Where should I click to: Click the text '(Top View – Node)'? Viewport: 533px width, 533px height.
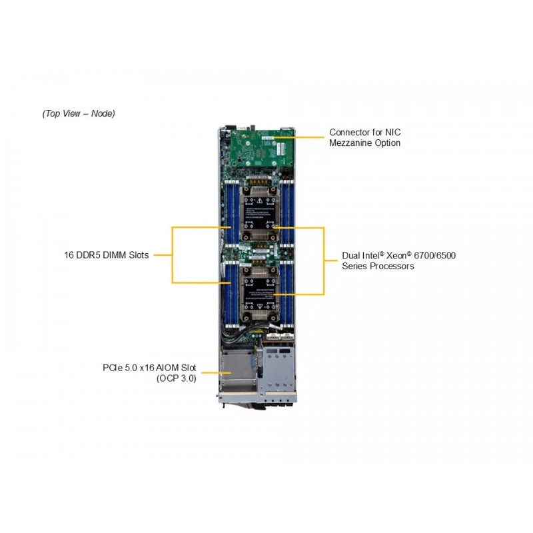[79, 113]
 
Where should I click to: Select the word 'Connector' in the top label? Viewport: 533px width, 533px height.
[349, 132]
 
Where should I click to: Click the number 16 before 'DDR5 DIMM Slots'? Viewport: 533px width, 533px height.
[69, 255]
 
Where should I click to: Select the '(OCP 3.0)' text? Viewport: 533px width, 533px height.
[177, 378]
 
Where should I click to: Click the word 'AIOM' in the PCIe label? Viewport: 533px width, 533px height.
[167, 368]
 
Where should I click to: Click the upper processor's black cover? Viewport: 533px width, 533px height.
[260, 213]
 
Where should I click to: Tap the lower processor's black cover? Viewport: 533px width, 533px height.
[260, 293]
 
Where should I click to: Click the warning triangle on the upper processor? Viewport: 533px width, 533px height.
[259, 201]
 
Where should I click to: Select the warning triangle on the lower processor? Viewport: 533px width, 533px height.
[259, 306]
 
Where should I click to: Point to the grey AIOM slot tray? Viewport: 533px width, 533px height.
[238, 371]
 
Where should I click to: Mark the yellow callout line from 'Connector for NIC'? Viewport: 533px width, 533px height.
[299, 137]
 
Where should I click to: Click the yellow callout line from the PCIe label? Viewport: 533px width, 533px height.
[216, 373]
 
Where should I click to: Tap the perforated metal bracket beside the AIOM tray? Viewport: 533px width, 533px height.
[276, 370]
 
